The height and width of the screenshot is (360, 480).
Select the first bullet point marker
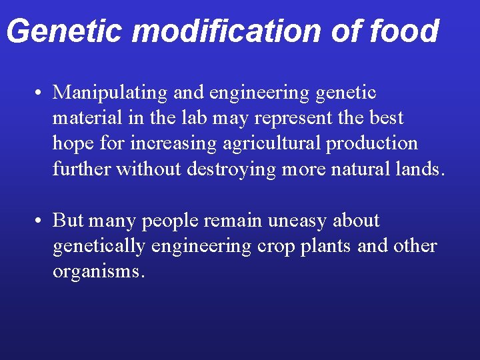click(x=41, y=93)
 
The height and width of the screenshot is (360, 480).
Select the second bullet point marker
click(x=41, y=221)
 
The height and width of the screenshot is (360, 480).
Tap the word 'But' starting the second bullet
click(x=68, y=221)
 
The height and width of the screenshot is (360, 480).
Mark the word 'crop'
click(x=274, y=246)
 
